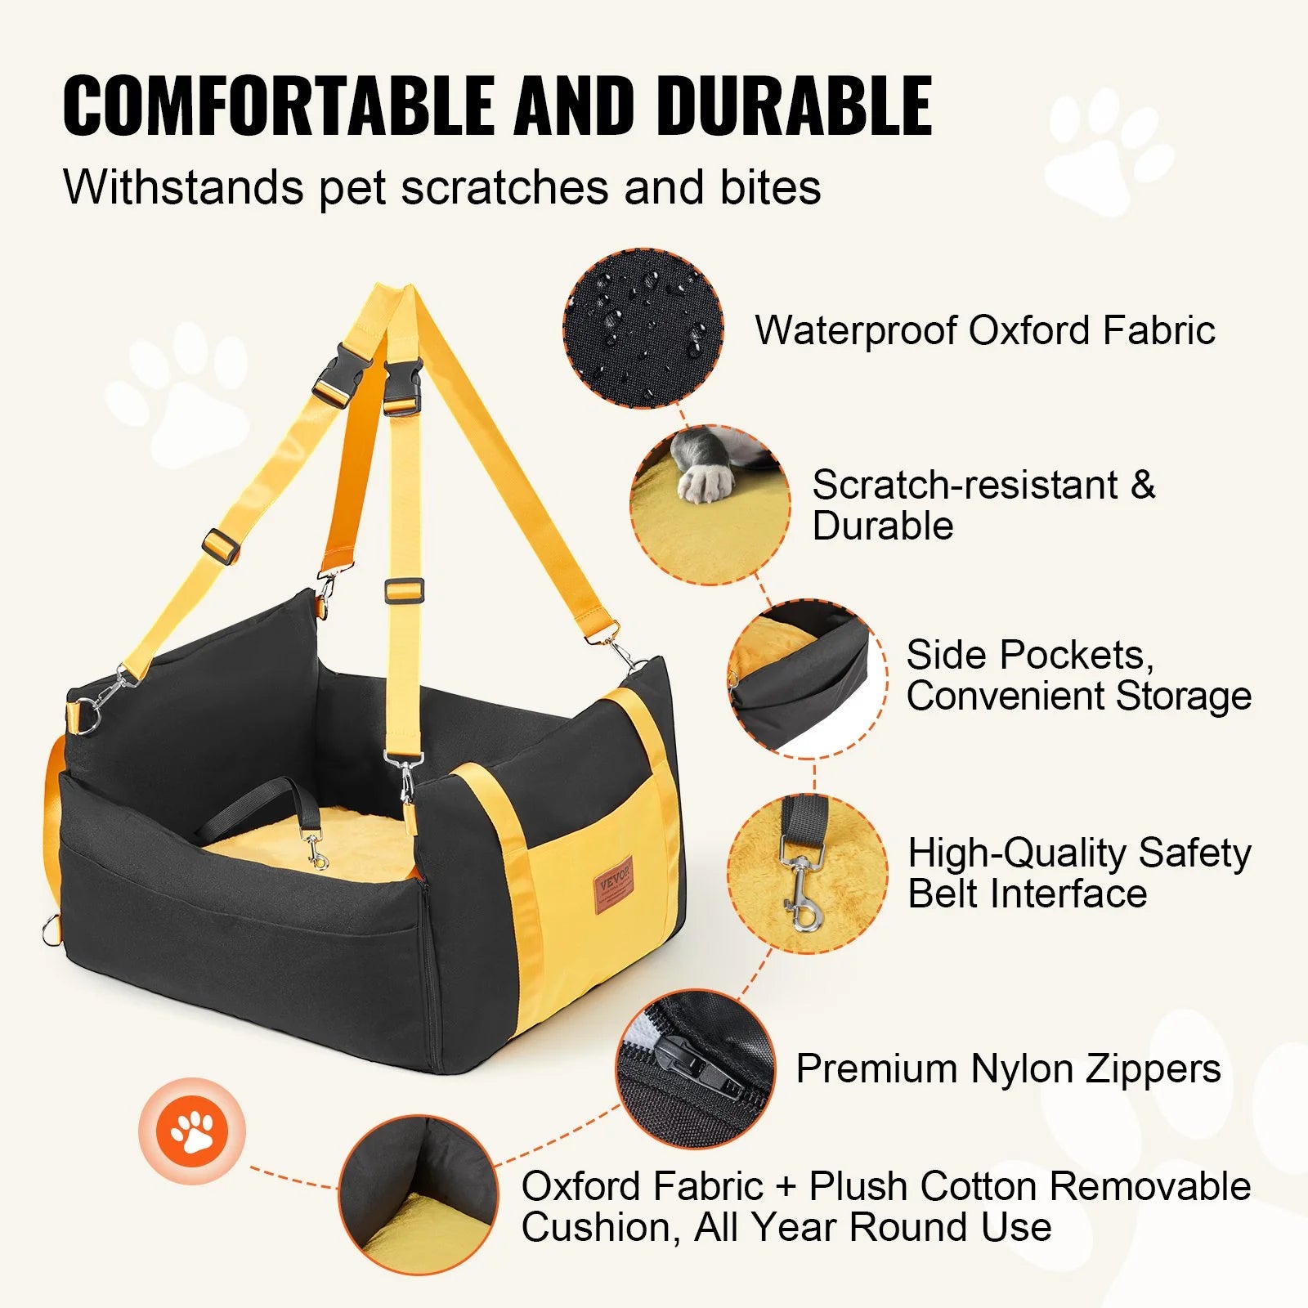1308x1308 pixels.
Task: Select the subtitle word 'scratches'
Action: (504, 187)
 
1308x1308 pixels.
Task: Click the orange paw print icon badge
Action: (192, 1131)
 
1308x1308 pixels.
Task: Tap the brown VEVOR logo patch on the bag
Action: (614, 885)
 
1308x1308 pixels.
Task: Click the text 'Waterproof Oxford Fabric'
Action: (984, 330)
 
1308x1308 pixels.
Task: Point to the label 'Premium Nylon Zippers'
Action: (1008, 1068)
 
